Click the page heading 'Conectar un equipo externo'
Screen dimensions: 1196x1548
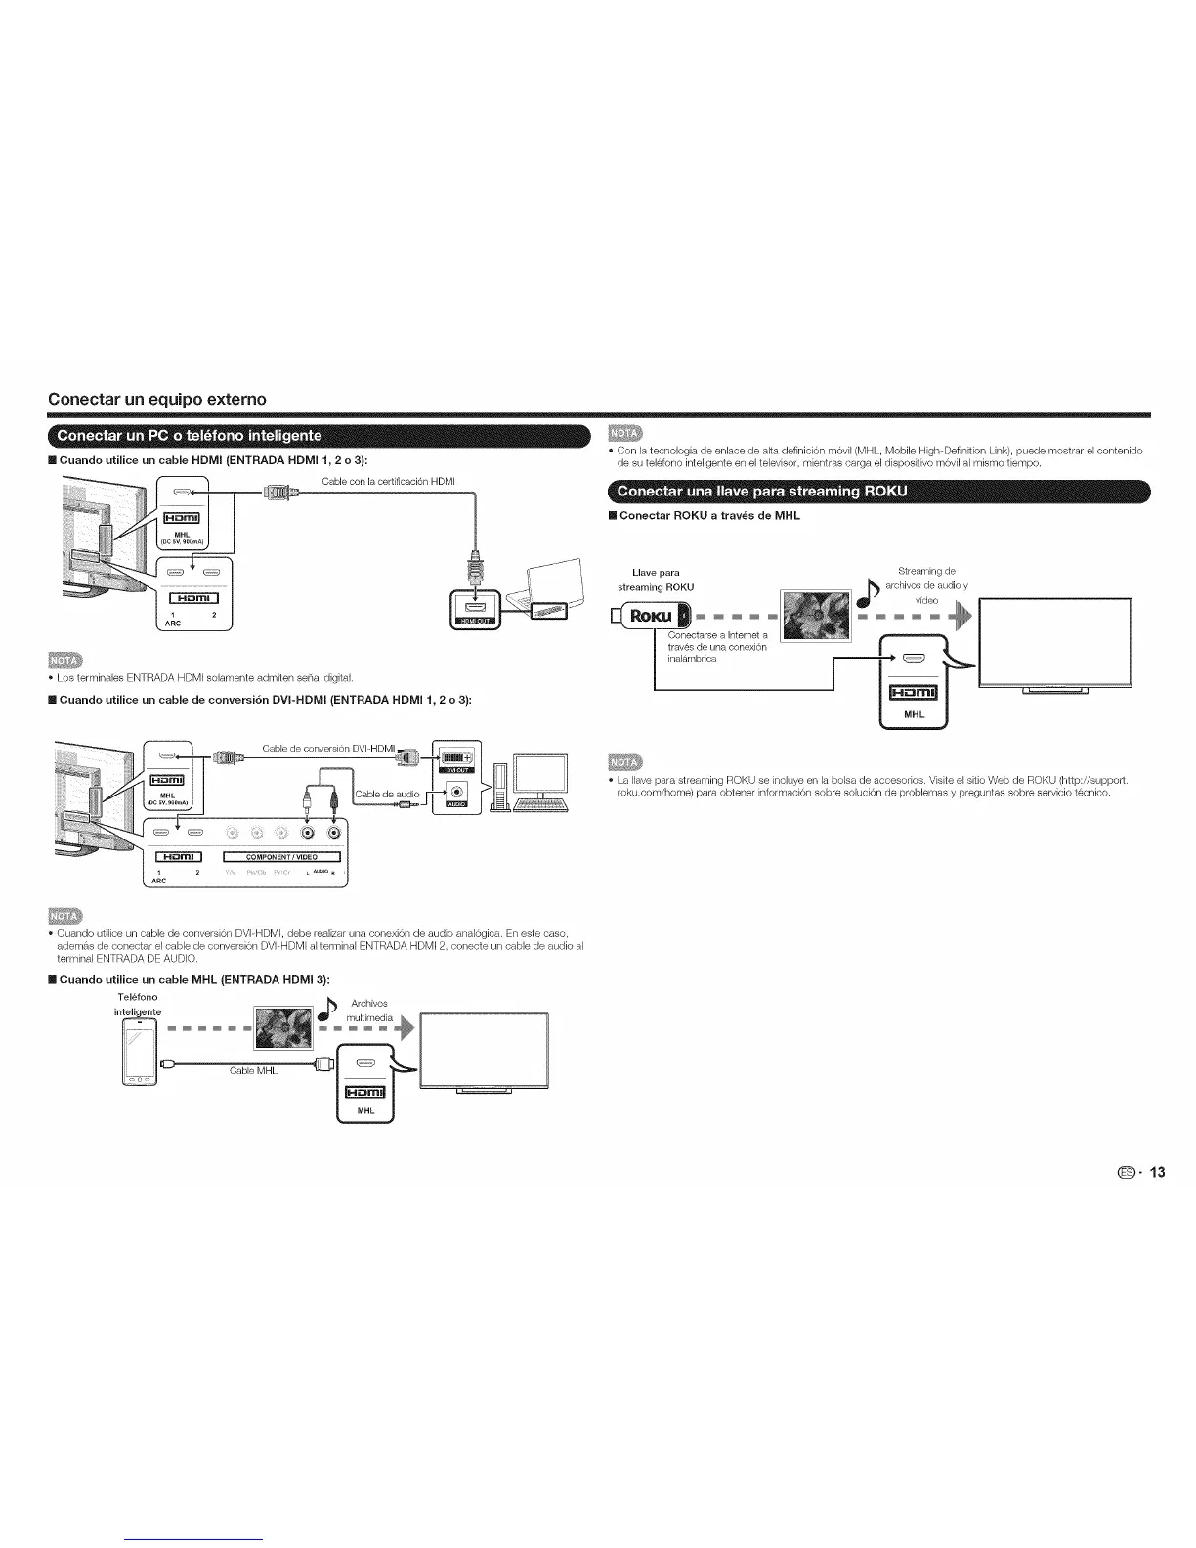pos(157,399)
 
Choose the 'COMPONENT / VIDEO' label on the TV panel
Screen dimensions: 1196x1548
pos(281,857)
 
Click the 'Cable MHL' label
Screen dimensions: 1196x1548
pos(254,1071)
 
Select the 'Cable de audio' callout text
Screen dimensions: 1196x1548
pos(387,794)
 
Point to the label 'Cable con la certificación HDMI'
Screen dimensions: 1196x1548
pos(388,480)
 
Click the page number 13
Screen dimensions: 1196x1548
pos(1158,1172)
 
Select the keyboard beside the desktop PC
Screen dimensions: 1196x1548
pos(539,804)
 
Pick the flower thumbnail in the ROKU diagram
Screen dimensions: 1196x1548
pos(814,617)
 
